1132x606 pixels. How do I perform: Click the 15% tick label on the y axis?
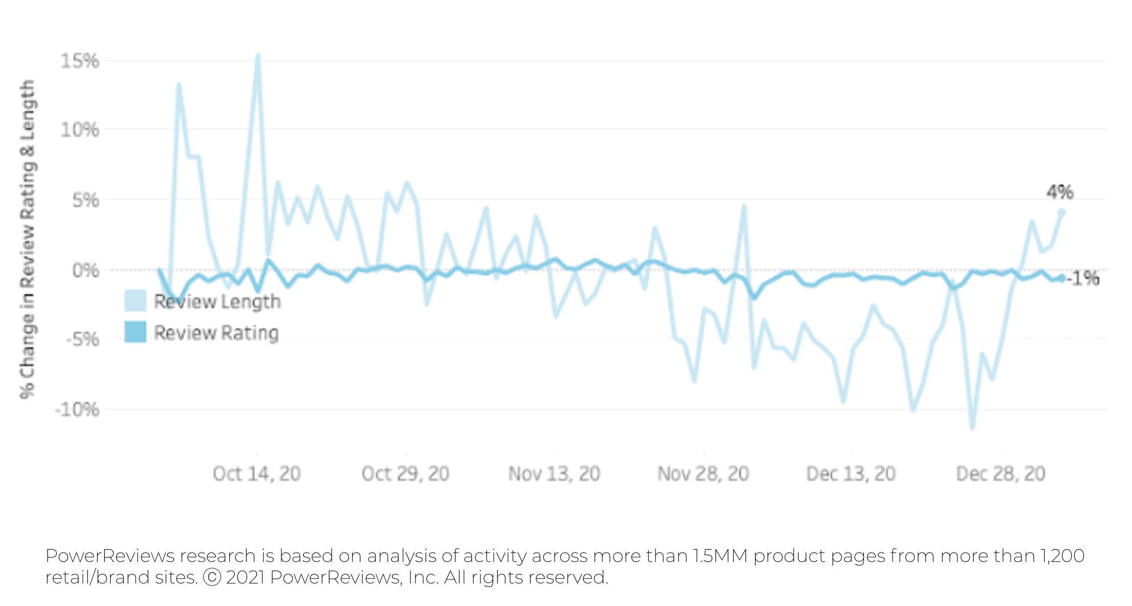[x=80, y=61]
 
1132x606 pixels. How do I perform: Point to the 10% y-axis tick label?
[x=80, y=130]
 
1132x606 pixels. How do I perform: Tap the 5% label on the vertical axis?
[x=85, y=200]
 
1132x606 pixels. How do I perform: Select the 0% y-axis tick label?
[x=85, y=270]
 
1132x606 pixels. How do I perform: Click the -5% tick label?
[x=82, y=339]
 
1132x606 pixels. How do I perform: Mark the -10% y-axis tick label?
[x=77, y=409]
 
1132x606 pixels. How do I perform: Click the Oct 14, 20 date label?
[x=257, y=474]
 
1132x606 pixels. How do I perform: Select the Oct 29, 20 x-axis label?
[x=405, y=474]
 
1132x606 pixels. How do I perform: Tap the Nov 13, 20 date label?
[x=554, y=474]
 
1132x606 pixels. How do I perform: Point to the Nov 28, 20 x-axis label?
[x=703, y=474]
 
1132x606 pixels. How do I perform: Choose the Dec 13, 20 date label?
[x=851, y=474]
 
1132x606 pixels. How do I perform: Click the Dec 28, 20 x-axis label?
[x=1000, y=474]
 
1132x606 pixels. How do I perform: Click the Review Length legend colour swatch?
[x=135, y=301]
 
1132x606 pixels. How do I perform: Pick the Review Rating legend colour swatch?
[x=135, y=332]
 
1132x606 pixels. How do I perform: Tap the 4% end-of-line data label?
[x=1060, y=192]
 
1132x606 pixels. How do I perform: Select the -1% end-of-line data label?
[x=1083, y=278]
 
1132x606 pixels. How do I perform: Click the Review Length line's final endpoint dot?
[x=1061, y=212]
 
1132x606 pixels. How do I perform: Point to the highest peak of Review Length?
[x=258, y=55]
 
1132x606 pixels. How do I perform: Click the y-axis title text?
[x=28, y=239]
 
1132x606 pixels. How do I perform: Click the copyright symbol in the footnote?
[x=212, y=577]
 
